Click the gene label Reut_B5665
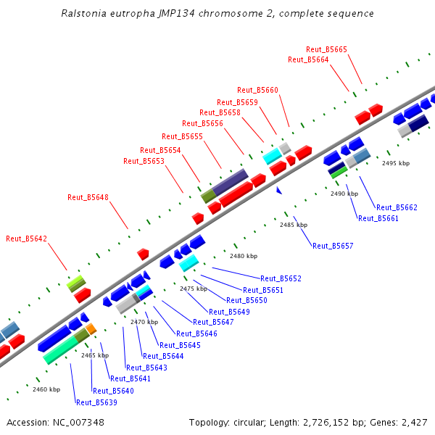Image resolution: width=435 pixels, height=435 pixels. point(326,49)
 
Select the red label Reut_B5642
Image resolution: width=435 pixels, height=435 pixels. point(26,239)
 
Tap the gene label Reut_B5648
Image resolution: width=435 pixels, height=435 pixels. point(88,197)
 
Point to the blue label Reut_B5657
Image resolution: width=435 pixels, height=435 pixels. point(333,246)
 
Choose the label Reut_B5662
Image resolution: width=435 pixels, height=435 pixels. point(397,207)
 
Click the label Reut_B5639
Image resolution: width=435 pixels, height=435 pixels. point(96,402)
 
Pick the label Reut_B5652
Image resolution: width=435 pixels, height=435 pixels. point(281,278)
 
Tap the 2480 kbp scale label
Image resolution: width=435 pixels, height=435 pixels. point(244,256)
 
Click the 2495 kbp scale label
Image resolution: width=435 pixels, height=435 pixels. point(396,163)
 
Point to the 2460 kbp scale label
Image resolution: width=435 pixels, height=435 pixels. point(46,389)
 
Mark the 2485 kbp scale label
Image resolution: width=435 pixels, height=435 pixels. point(294,225)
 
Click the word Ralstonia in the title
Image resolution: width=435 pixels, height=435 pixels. point(82,14)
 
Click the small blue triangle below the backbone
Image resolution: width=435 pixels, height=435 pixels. point(278,190)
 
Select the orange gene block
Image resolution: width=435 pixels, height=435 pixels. point(91,330)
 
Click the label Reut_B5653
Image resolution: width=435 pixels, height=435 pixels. point(144,161)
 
